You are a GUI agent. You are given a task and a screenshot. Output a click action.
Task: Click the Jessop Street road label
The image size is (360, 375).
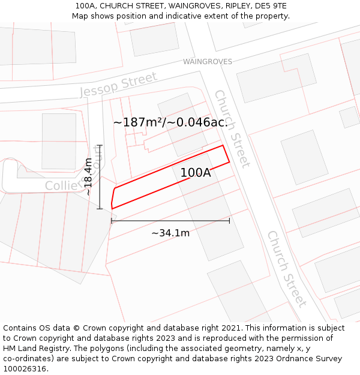119,85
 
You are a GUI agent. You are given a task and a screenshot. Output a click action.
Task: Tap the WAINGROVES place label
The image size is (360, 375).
207,62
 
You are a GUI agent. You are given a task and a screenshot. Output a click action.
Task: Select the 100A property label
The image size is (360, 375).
196,173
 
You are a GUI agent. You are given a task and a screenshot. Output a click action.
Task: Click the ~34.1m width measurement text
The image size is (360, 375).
170,233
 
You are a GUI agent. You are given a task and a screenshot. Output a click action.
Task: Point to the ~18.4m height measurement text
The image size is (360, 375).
88,177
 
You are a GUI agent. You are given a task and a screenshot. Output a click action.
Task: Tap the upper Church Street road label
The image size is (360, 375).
232,128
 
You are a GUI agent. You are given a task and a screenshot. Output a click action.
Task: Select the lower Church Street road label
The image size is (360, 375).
287,268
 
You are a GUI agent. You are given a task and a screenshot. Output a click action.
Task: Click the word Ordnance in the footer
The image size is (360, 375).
307,359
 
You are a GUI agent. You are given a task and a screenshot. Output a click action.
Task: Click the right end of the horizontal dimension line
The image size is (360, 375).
229,221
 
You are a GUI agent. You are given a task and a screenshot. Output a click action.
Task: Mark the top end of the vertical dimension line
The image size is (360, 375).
100,145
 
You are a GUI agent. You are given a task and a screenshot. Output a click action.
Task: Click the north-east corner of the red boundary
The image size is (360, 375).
223,145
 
